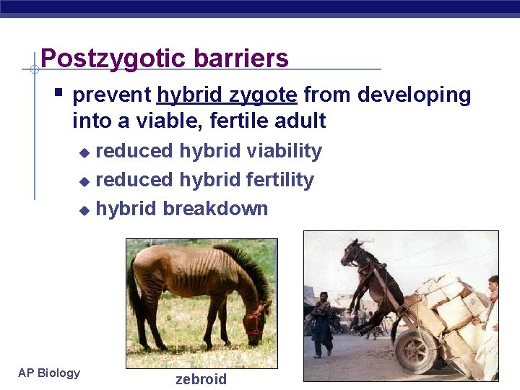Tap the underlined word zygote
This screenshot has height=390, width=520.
[263, 95]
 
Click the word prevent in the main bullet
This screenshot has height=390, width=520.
[112, 95]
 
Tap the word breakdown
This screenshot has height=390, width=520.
[215, 209]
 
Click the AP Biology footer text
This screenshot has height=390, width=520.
[49, 373]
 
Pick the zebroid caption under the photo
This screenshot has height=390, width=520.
[201, 380]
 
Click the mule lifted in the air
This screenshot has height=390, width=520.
[368, 278]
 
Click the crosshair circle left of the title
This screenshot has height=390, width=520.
[34, 69]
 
